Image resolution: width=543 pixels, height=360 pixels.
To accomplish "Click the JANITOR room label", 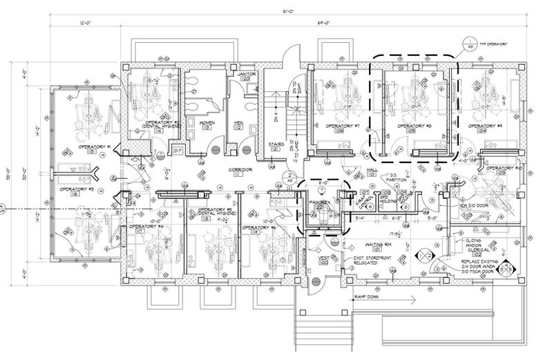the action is coord(247,73).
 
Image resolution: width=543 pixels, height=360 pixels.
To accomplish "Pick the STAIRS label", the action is coord(278,144).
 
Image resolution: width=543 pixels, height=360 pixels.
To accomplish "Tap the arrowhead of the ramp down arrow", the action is coord(412,299).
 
